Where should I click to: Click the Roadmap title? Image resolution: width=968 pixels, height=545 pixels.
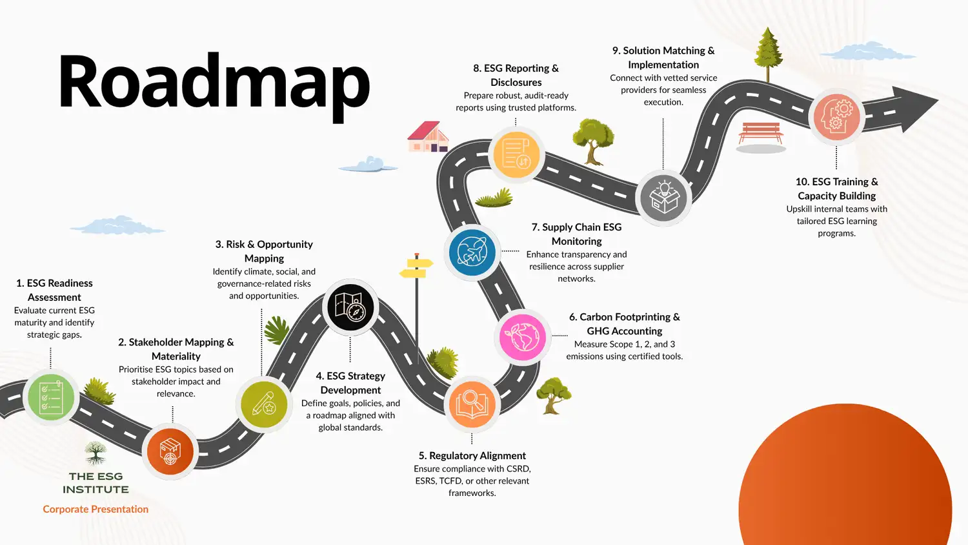214,83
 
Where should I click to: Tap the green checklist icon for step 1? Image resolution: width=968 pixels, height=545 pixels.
51,396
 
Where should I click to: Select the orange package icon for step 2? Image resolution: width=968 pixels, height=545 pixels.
170,451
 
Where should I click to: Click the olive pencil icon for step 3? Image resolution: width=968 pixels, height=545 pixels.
264,404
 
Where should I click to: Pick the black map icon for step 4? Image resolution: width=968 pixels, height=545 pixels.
350,307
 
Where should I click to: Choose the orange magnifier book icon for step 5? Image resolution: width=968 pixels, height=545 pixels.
472,404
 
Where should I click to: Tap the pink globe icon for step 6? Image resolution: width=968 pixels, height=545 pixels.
523,337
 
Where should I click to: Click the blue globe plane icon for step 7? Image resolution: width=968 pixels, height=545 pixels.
472,252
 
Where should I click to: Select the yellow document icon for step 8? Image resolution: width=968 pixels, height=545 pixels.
516,154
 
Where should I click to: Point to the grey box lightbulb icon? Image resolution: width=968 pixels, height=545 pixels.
663,198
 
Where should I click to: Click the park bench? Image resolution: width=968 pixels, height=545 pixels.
761,132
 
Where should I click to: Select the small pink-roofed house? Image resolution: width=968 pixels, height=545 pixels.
427,137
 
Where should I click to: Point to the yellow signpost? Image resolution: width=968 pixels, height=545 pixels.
416,267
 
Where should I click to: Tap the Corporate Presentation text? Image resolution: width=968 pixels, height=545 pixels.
96,509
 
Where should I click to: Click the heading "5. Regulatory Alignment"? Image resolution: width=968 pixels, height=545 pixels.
472,456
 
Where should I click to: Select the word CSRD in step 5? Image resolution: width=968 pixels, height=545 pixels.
518,469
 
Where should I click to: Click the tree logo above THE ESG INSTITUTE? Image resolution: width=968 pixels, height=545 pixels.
96,453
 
